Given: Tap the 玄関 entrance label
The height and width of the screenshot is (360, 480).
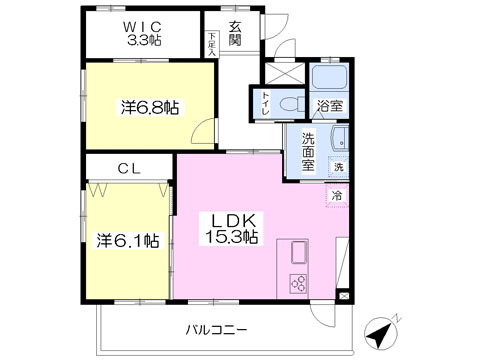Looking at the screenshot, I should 235,33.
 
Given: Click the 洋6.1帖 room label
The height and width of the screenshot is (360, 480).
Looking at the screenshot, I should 127,240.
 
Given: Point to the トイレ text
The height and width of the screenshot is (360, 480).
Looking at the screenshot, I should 265,102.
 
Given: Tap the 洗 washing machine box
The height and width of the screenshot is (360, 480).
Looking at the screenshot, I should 338,166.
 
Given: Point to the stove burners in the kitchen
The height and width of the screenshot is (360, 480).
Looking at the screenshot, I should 299,282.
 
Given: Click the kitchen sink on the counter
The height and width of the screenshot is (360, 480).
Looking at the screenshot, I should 300,252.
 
